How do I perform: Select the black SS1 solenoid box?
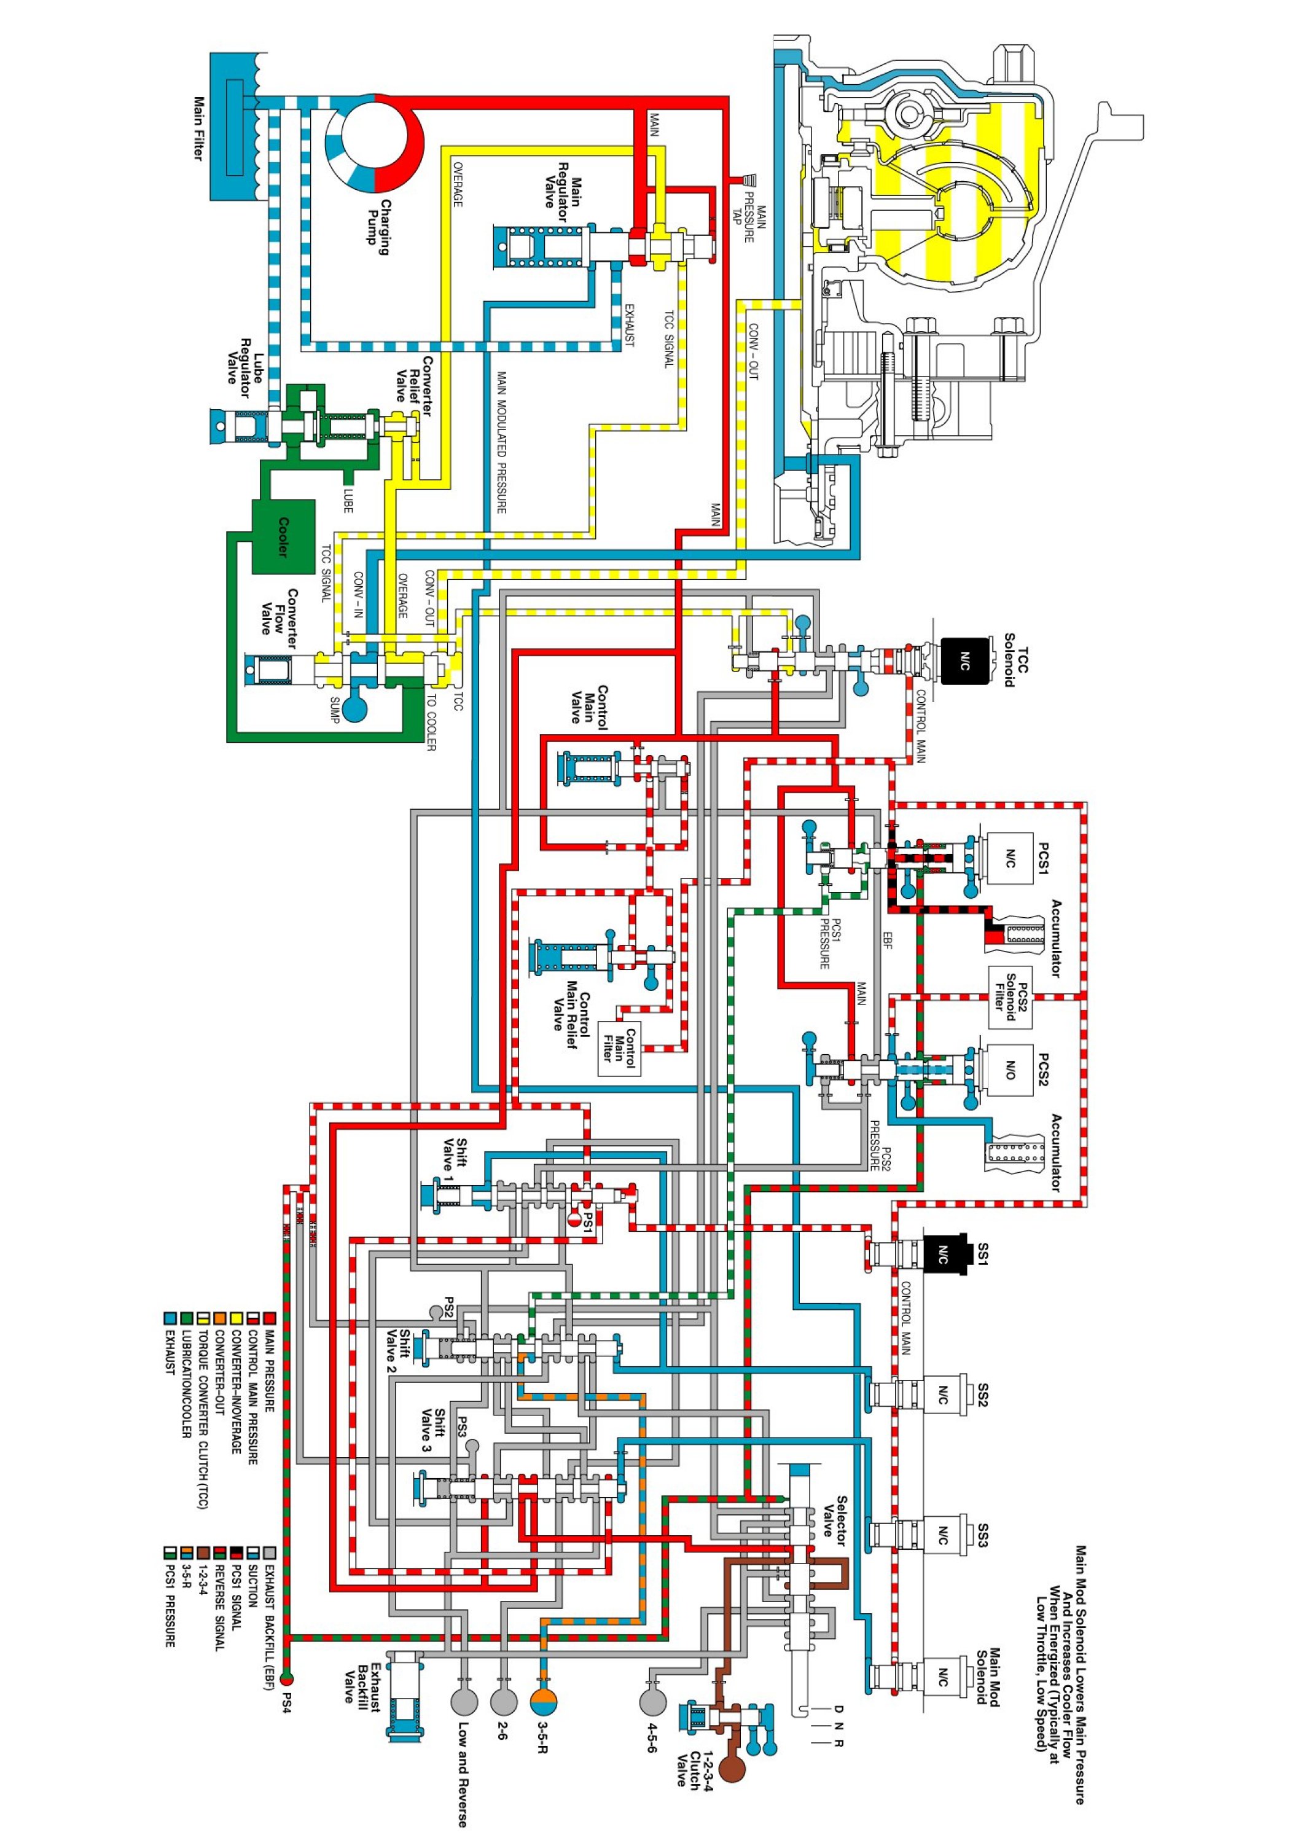pos(943,1254)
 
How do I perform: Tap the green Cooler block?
pos(283,536)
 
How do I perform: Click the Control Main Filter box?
pos(620,1048)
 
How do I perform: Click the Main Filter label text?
pos(199,128)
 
